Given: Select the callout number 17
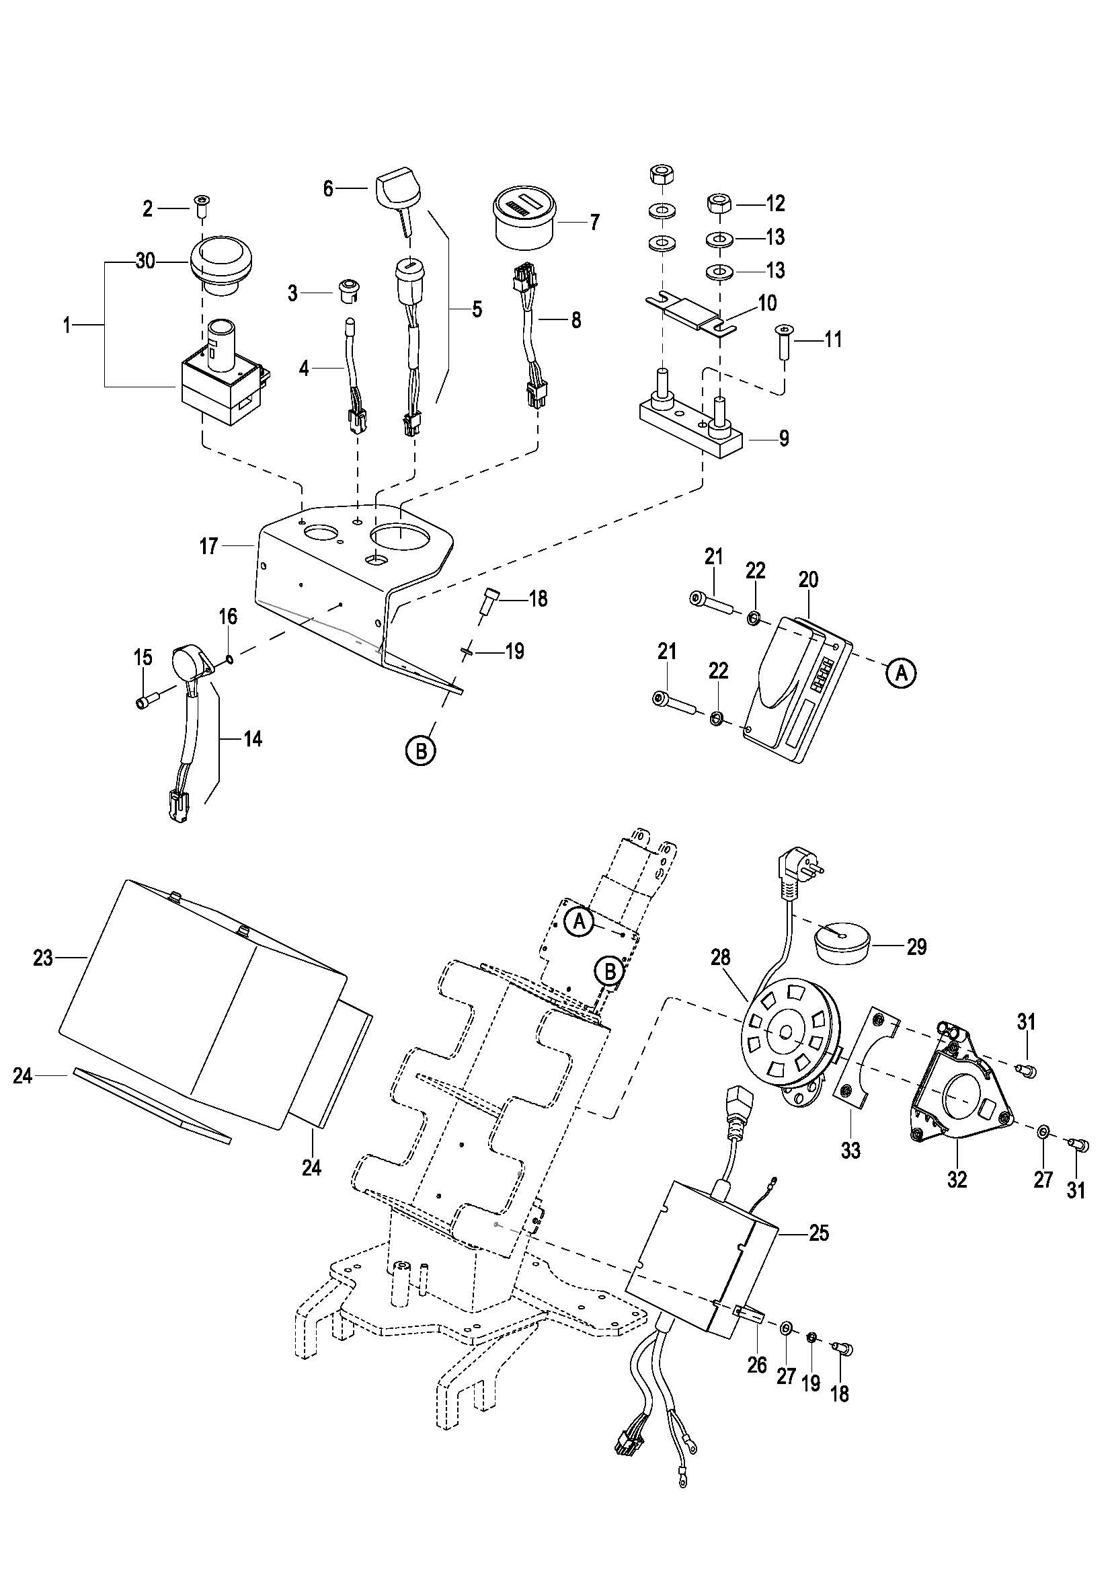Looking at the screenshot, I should click(208, 546).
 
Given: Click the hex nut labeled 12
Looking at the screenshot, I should click(719, 203).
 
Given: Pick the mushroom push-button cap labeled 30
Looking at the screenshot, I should click(222, 263).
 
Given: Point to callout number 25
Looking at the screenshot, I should click(819, 1233).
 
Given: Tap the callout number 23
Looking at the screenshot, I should click(43, 958).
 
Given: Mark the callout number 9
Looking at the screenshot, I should click(784, 438).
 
